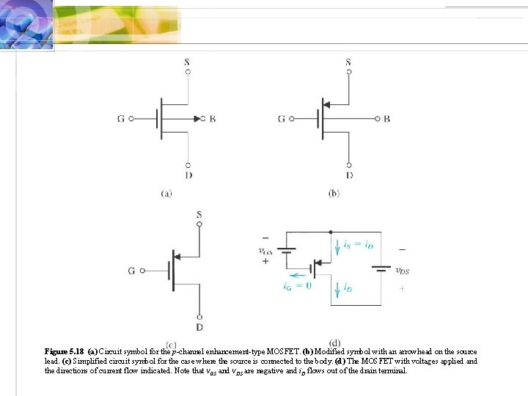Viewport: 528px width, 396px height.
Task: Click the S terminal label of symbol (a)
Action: click(x=188, y=62)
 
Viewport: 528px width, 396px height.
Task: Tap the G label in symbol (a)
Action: click(x=120, y=119)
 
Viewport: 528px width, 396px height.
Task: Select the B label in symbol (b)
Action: click(x=386, y=119)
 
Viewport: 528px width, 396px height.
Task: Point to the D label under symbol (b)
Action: click(x=349, y=175)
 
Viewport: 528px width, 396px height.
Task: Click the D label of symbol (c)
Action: click(x=199, y=326)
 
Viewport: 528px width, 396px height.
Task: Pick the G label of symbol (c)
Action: click(x=131, y=271)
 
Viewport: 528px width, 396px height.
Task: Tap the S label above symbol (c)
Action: click(x=199, y=214)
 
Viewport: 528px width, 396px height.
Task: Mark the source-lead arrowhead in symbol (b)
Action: click(x=327, y=104)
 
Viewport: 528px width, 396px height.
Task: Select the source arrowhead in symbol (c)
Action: click(x=178, y=256)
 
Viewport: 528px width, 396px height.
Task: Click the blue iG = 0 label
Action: click(x=297, y=285)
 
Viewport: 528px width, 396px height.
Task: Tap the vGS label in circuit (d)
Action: click(x=265, y=250)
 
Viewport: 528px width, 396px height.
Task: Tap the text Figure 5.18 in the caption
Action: click(x=65, y=351)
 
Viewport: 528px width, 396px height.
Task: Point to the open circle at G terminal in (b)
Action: click(x=293, y=119)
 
